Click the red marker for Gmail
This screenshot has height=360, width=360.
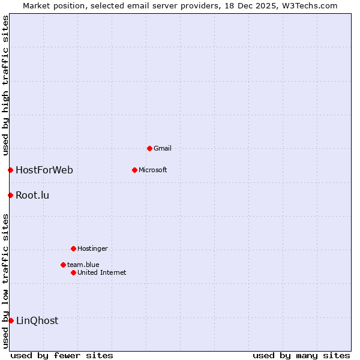click(149, 148)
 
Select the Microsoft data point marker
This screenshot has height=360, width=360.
click(134, 170)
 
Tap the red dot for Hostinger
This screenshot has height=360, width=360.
click(73, 248)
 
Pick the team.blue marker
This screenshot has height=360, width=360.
click(63, 265)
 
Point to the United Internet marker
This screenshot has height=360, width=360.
click(73, 272)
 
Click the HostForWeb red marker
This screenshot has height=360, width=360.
click(10, 170)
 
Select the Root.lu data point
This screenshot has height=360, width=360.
click(10, 195)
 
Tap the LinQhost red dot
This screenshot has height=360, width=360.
click(11, 320)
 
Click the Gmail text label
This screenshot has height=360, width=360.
click(163, 148)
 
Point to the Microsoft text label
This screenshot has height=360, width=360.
click(153, 170)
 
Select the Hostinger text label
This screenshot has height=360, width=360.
click(92, 248)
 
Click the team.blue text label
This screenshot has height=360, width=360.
click(83, 265)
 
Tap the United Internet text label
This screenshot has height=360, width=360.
click(102, 272)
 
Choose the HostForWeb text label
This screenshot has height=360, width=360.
click(44, 170)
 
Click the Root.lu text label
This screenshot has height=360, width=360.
click(32, 195)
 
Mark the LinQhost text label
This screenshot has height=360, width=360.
click(37, 320)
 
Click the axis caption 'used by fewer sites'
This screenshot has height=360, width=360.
click(62, 355)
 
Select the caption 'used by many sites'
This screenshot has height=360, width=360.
click(301, 355)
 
